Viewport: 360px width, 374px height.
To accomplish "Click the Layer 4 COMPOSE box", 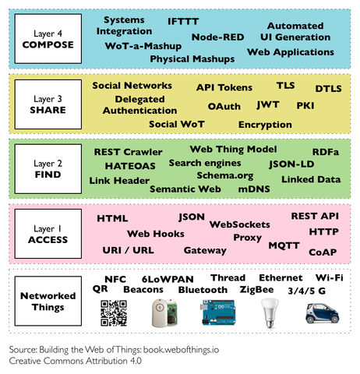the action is pyautogui.click(x=48, y=39).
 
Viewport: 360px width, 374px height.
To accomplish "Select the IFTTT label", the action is pyautogui.click(x=183, y=22).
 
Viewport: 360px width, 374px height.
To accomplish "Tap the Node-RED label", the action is pyautogui.click(x=217, y=37).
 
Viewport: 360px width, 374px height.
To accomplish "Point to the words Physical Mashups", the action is pyautogui.click(x=192, y=59).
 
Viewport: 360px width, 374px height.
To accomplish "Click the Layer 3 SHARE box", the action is pyautogui.click(x=48, y=104).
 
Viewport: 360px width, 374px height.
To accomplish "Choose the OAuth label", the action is pyautogui.click(x=224, y=107).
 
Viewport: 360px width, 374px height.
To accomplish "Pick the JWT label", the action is pyautogui.click(x=268, y=105).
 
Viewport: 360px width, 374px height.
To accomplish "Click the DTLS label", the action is pyautogui.click(x=328, y=89).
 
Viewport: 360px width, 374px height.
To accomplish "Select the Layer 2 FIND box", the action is pyautogui.click(x=48, y=169).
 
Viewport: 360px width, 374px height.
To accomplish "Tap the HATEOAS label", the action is pyautogui.click(x=130, y=166).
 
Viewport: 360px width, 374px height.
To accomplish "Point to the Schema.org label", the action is pyautogui.click(x=225, y=176).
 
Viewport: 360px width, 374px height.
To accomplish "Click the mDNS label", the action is pyautogui.click(x=254, y=189).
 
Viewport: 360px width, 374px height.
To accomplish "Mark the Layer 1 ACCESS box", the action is pyautogui.click(x=48, y=234).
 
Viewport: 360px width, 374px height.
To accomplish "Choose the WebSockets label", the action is pyautogui.click(x=240, y=224).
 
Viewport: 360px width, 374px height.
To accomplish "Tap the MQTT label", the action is pyautogui.click(x=284, y=245).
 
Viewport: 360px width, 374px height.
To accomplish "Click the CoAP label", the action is pyautogui.click(x=323, y=252).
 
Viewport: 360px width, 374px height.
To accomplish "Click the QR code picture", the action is pyautogui.click(x=114, y=313).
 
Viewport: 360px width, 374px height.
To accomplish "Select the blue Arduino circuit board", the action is pyautogui.click(x=218, y=312).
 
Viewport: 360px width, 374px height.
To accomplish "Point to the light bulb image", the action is pyautogui.click(x=270, y=312).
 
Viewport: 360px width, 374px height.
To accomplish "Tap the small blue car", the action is pyautogui.click(x=322, y=313).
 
